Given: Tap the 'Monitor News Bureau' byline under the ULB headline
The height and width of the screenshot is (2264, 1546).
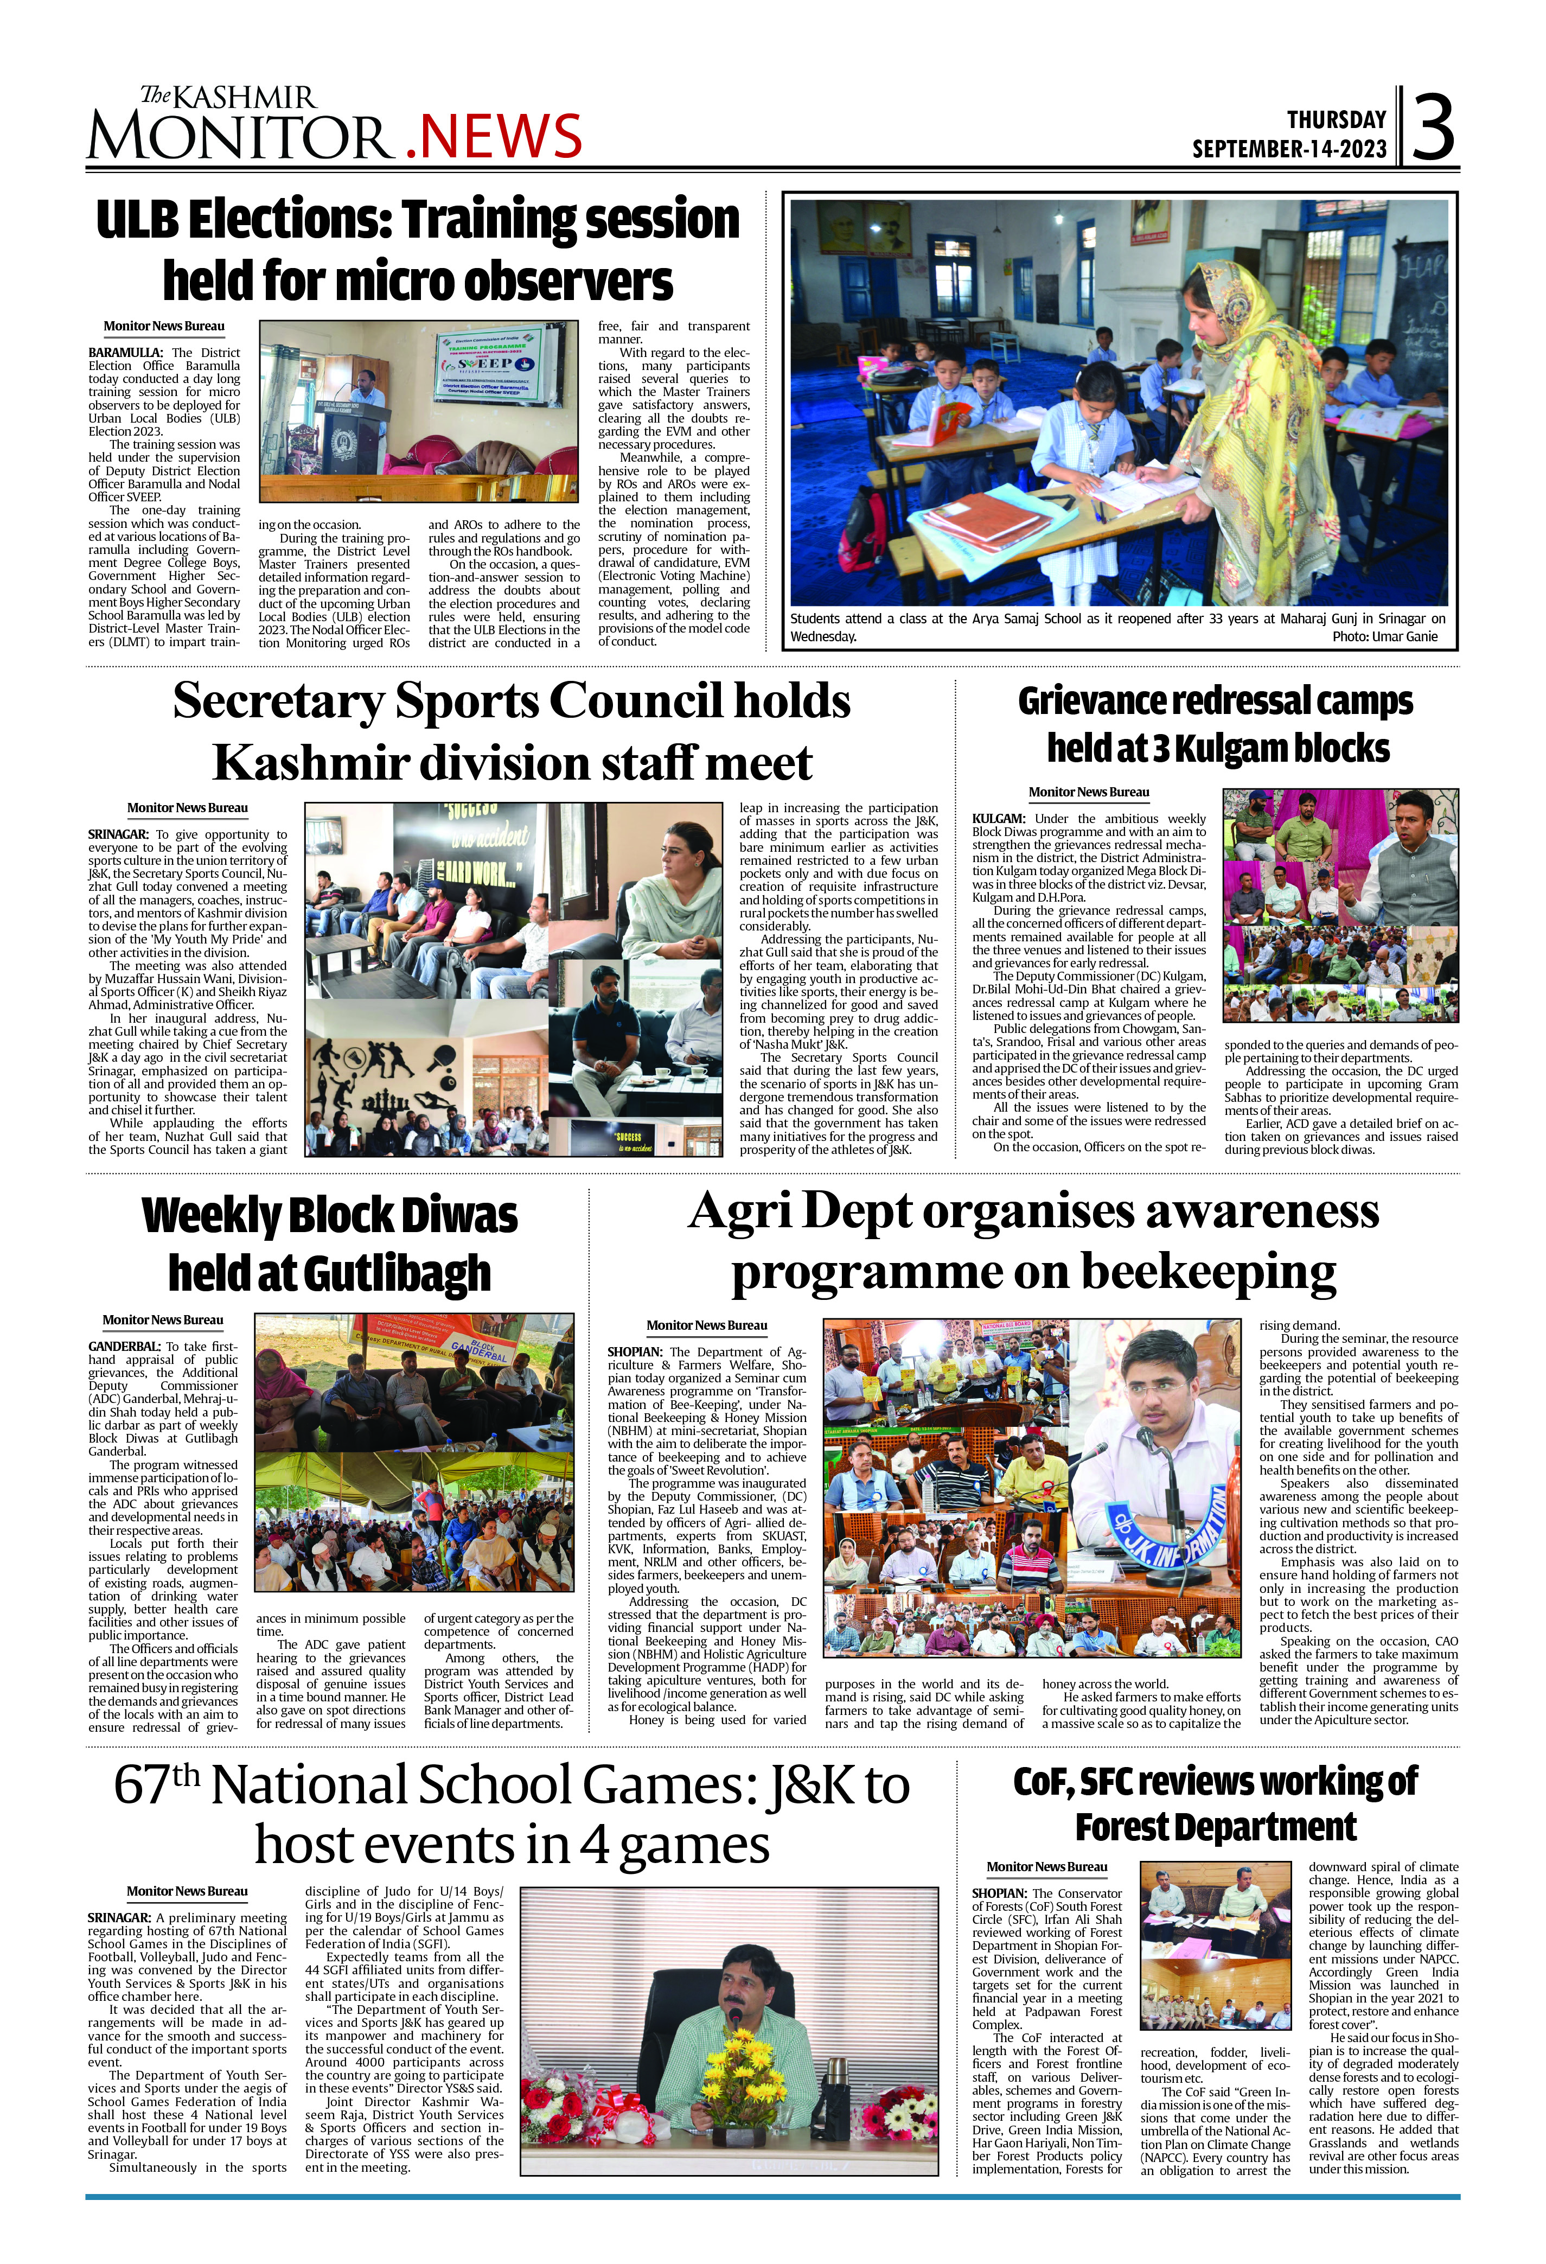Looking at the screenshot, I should click(x=164, y=327).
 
